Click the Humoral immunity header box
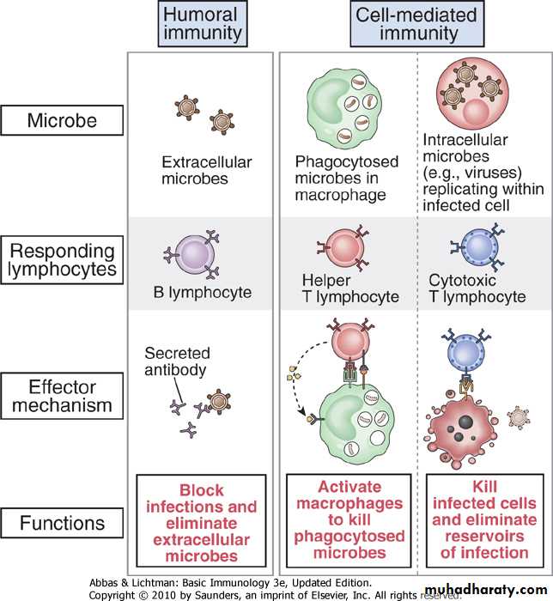200,24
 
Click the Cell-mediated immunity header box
414,24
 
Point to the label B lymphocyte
197,292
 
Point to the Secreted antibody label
178,361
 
